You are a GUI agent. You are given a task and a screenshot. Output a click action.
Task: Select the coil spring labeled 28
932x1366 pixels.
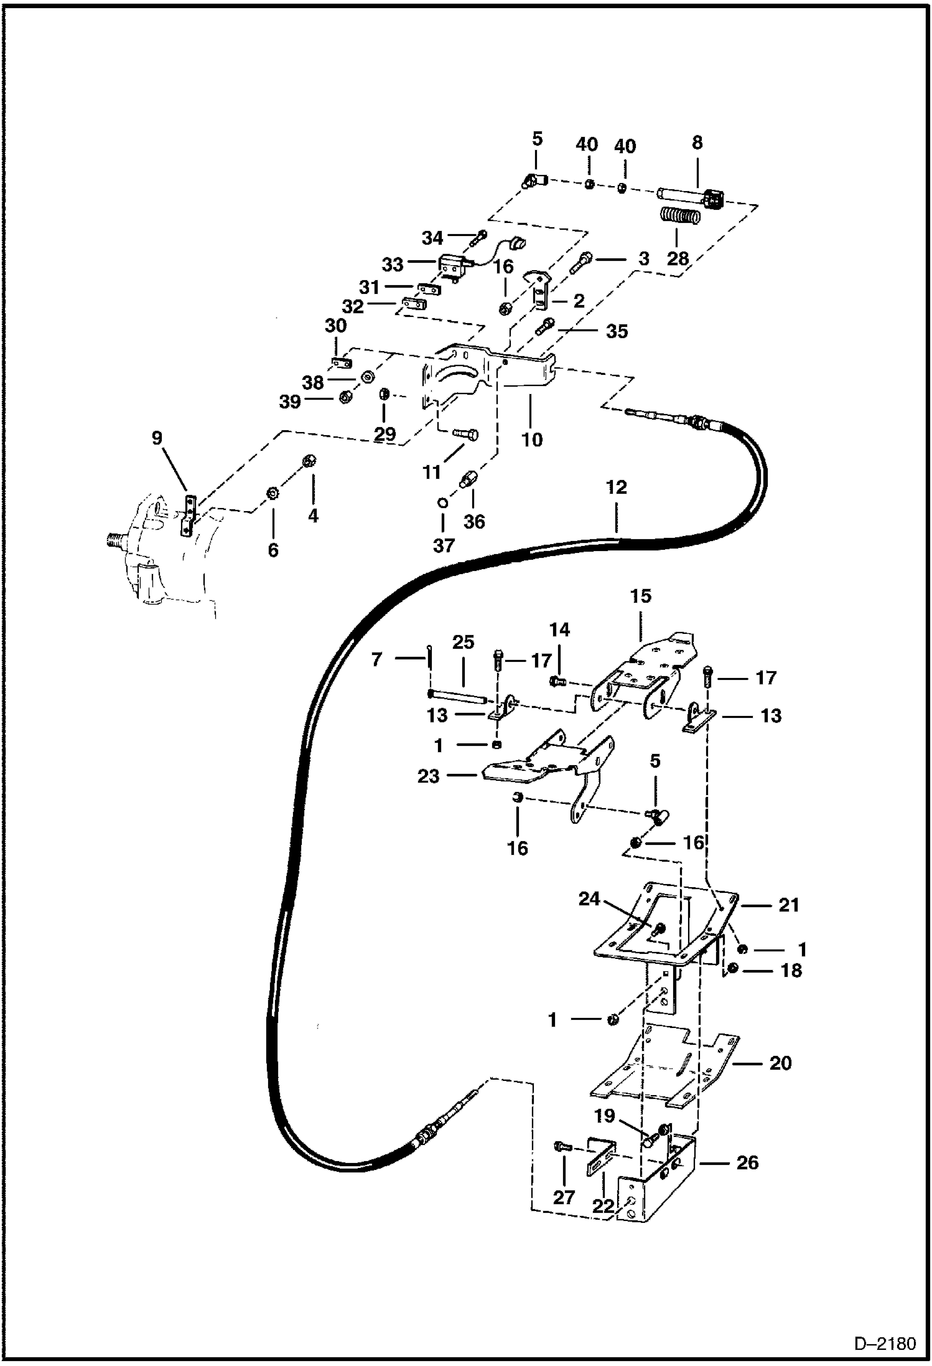pyautogui.click(x=679, y=218)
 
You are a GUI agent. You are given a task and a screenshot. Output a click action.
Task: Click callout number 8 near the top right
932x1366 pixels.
pyautogui.click(x=697, y=143)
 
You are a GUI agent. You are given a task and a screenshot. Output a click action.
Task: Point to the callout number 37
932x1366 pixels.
pyautogui.click(x=444, y=545)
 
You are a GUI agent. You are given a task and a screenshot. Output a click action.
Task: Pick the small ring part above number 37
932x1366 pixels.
pyautogui.click(x=442, y=502)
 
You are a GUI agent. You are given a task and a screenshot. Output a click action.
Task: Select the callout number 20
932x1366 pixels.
pyautogui.click(x=780, y=1063)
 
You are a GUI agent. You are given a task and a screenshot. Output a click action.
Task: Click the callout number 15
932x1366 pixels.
pyautogui.click(x=640, y=596)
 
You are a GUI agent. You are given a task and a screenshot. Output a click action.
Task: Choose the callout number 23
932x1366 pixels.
pyautogui.click(x=428, y=776)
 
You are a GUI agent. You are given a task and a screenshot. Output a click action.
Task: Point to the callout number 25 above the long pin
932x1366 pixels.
pyautogui.click(x=464, y=642)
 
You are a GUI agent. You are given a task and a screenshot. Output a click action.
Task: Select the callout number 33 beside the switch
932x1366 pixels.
pyautogui.click(x=393, y=265)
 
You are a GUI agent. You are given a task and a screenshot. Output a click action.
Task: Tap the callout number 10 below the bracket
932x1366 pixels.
pyautogui.click(x=532, y=440)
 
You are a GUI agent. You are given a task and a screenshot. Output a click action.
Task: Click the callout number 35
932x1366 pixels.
pyautogui.click(x=617, y=331)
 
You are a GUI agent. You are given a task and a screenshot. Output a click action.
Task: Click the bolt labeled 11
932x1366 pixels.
pyautogui.click(x=465, y=433)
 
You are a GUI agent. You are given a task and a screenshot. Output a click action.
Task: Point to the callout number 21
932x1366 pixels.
pyautogui.click(x=788, y=905)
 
